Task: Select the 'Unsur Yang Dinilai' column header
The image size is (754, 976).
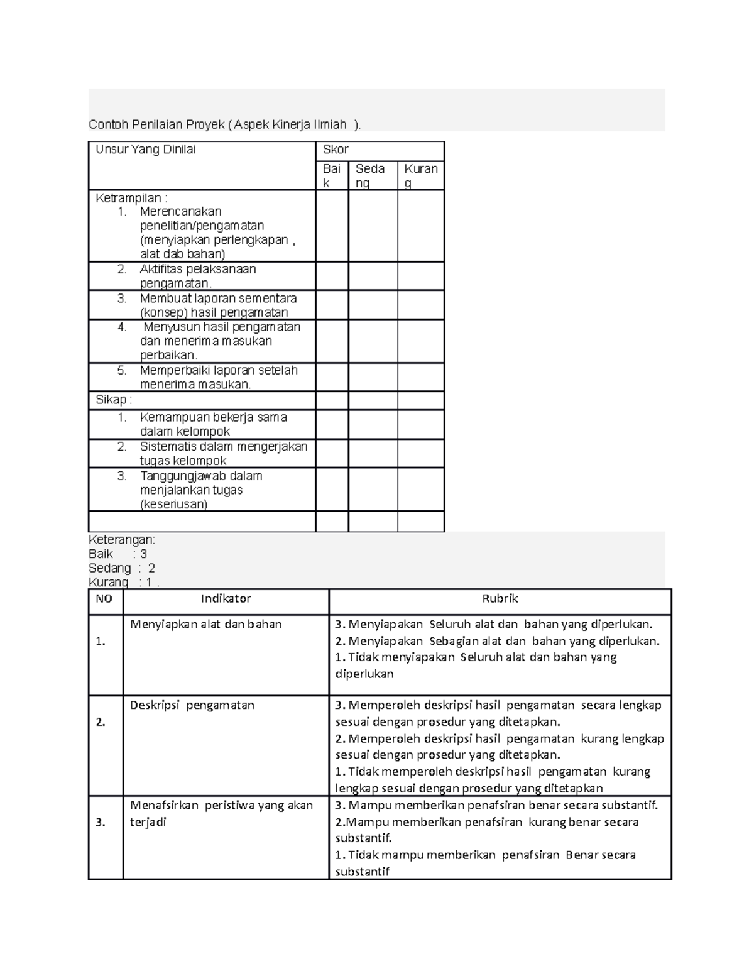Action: point(146,150)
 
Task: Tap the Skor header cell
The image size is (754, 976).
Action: point(336,150)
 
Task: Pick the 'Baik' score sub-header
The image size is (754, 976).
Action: point(332,175)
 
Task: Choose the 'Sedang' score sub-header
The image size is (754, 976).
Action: point(371,175)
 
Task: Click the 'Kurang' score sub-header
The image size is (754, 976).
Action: point(421,175)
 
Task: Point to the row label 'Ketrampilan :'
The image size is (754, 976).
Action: point(131,198)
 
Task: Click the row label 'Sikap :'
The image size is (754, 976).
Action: point(114,400)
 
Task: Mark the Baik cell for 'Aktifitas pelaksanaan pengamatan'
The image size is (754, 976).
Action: point(332,276)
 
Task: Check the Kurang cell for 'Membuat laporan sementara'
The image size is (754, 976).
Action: point(421,305)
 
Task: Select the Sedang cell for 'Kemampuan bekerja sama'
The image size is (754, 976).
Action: point(373,424)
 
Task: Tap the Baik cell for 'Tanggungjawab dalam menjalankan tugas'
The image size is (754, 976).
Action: point(332,490)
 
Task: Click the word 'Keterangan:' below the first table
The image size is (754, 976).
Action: point(122,540)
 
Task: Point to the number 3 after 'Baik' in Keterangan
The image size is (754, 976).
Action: point(143,554)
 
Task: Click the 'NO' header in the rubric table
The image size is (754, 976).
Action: point(104,599)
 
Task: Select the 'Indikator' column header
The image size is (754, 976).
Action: point(226,599)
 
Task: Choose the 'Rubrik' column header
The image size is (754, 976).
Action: point(500,599)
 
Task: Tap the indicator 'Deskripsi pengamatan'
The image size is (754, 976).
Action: point(192,705)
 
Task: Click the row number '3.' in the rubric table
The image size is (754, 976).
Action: point(101,822)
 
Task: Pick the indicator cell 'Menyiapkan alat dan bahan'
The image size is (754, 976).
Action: point(206,625)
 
